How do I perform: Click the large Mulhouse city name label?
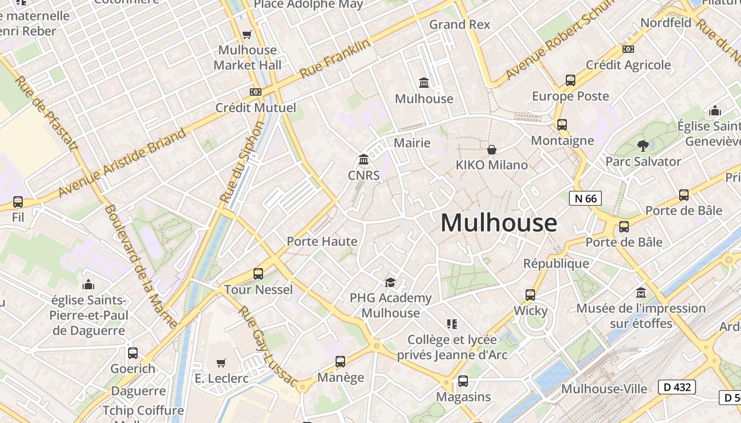tap(499, 223)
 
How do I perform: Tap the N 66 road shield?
tap(585, 198)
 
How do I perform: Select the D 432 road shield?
tap(677, 387)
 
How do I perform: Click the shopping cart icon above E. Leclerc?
tap(221, 363)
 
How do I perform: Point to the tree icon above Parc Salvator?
tap(643, 145)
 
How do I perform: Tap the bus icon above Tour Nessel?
tap(258, 274)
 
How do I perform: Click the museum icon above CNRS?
tap(364, 159)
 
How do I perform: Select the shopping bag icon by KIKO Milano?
tap(492, 150)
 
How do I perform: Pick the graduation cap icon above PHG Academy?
tap(390, 282)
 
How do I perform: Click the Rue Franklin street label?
tap(336, 59)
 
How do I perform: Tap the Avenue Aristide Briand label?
tap(122, 162)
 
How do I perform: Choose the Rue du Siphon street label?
tap(242, 162)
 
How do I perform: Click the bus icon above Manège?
tap(340, 362)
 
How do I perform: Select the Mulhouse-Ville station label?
tap(604, 389)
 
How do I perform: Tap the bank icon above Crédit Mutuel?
tap(256, 92)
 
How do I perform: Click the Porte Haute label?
tap(322, 242)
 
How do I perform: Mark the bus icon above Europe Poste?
tap(571, 80)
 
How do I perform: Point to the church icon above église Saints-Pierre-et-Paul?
tap(88, 285)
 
